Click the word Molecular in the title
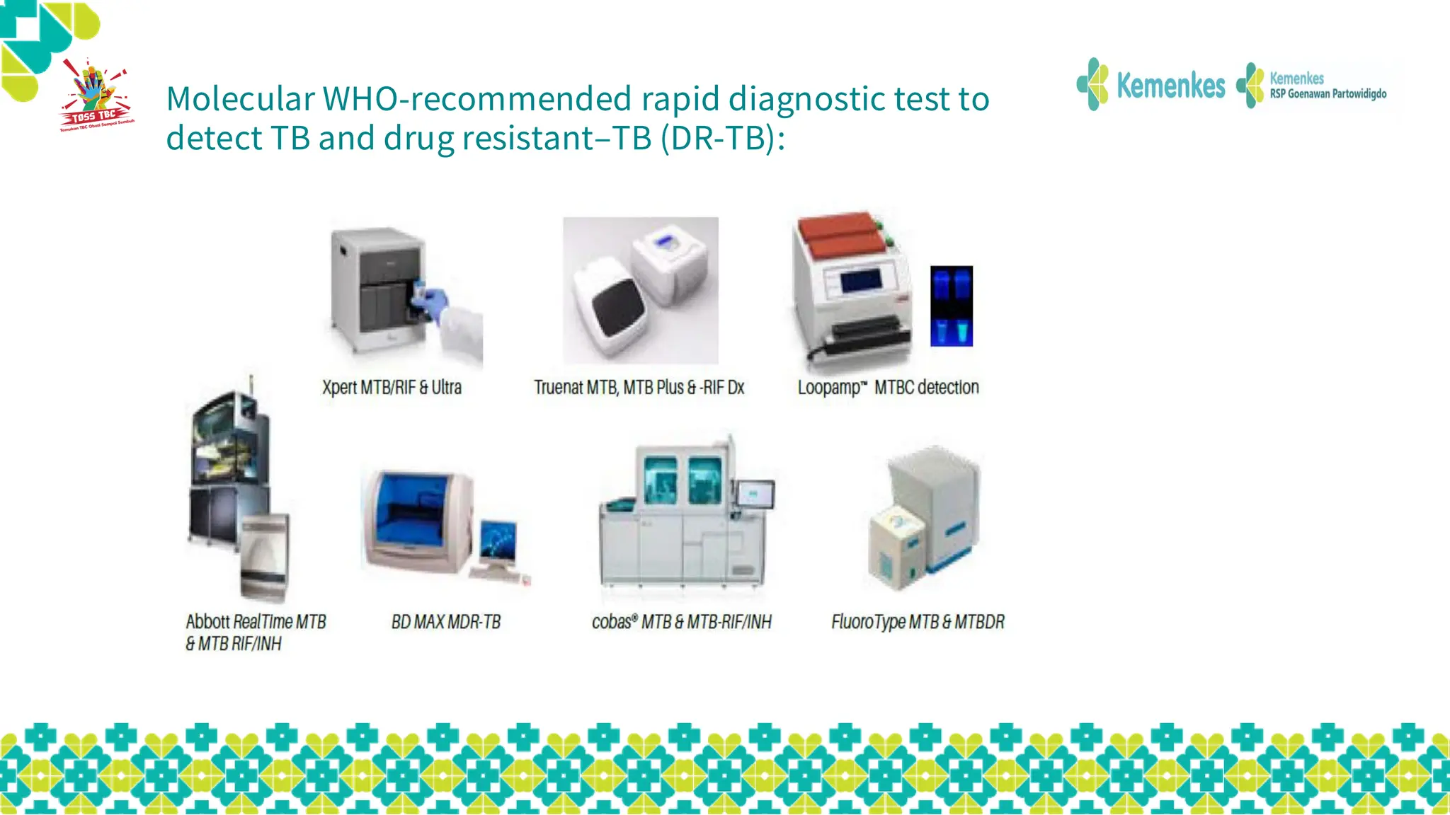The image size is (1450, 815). click(240, 99)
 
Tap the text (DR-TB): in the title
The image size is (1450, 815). click(722, 138)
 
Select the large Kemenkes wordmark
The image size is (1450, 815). click(1170, 86)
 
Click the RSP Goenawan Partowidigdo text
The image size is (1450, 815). click(1328, 94)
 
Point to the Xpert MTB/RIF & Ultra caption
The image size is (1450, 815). click(392, 388)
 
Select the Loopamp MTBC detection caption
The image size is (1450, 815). click(888, 388)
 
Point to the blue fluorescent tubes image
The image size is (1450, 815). click(951, 306)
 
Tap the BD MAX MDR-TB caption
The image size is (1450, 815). click(446, 622)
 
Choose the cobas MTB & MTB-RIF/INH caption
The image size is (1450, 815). click(681, 622)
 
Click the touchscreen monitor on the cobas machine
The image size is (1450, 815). click(755, 493)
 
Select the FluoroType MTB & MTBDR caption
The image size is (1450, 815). click(918, 622)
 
